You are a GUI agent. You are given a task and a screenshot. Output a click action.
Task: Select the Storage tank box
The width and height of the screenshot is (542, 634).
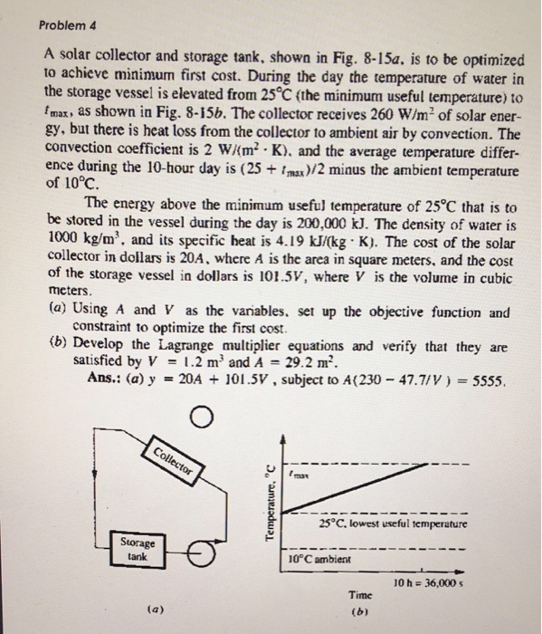point(138,550)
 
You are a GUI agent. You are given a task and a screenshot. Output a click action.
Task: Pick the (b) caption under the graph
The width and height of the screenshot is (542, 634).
point(361,613)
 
